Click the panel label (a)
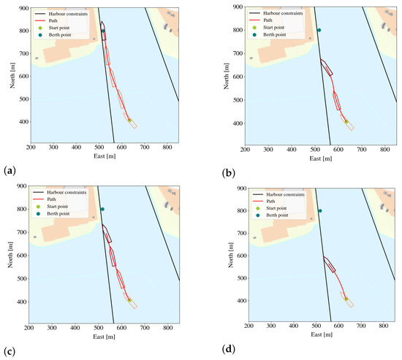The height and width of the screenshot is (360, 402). coord(10,170)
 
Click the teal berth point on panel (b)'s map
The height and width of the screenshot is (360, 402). coord(319,30)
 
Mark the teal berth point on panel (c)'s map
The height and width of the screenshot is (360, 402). coord(102,210)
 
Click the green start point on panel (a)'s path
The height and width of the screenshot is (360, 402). coord(129,120)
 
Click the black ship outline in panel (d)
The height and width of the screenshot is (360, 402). coord(329,264)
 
